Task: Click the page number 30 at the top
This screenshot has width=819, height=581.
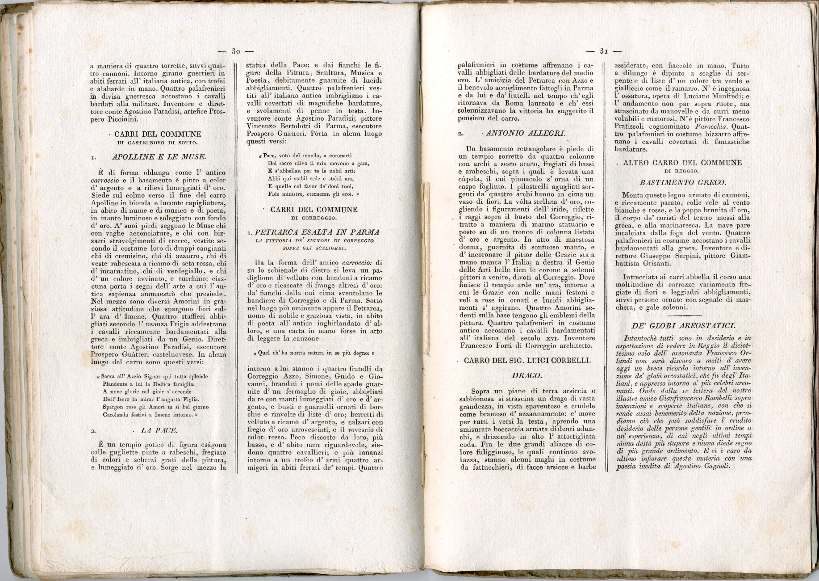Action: pos(236,51)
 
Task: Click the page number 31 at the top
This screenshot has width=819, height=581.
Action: pos(604,51)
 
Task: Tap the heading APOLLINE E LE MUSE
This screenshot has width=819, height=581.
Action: pos(159,157)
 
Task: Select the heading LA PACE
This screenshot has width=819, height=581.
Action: pos(159,430)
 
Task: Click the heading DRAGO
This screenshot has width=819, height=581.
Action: pos(526,375)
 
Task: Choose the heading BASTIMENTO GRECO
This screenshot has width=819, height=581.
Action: pos(683,182)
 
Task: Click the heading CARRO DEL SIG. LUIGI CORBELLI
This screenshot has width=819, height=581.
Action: pos(527,361)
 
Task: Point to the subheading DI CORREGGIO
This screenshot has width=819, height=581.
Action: pos(314,218)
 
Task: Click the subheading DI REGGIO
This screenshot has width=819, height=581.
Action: pos(682,171)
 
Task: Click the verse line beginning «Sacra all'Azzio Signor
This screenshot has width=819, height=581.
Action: pos(152,376)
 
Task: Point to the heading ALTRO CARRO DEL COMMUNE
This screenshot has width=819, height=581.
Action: pos(682,163)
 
